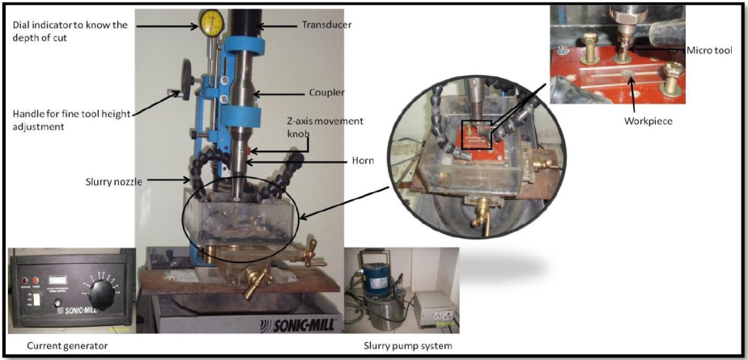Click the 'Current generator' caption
[67, 346]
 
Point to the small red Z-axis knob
[252, 150]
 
